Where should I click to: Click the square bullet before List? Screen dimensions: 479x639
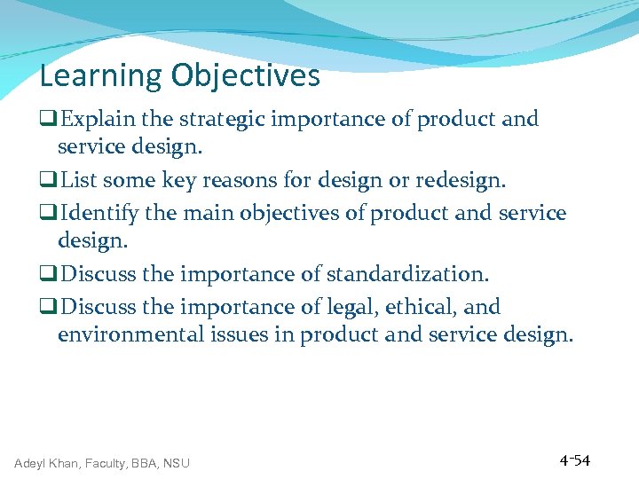click(x=50, y=182)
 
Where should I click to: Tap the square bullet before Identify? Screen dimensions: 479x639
click(x=50, y=214)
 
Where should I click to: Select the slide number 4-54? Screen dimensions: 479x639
click(x=575, y=460)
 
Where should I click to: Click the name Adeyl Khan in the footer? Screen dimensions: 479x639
click(x=46, y=463)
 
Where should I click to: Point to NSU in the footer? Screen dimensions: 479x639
click(x=176, y=463)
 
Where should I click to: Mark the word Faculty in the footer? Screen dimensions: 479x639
click(x=106, y=463)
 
